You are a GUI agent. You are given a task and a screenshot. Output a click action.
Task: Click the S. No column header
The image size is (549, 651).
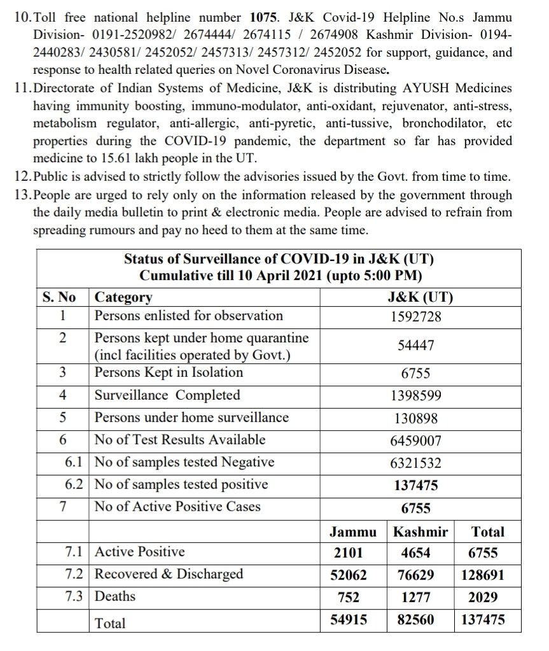coord(59,297)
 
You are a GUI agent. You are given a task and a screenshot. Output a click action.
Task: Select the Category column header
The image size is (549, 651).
coord(123,297)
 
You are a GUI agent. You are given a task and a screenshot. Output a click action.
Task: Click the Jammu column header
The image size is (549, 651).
coord(352,532)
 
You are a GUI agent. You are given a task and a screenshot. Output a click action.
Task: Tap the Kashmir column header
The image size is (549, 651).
coord(420,532)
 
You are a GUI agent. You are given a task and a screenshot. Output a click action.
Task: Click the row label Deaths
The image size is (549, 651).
coord(115,597)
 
